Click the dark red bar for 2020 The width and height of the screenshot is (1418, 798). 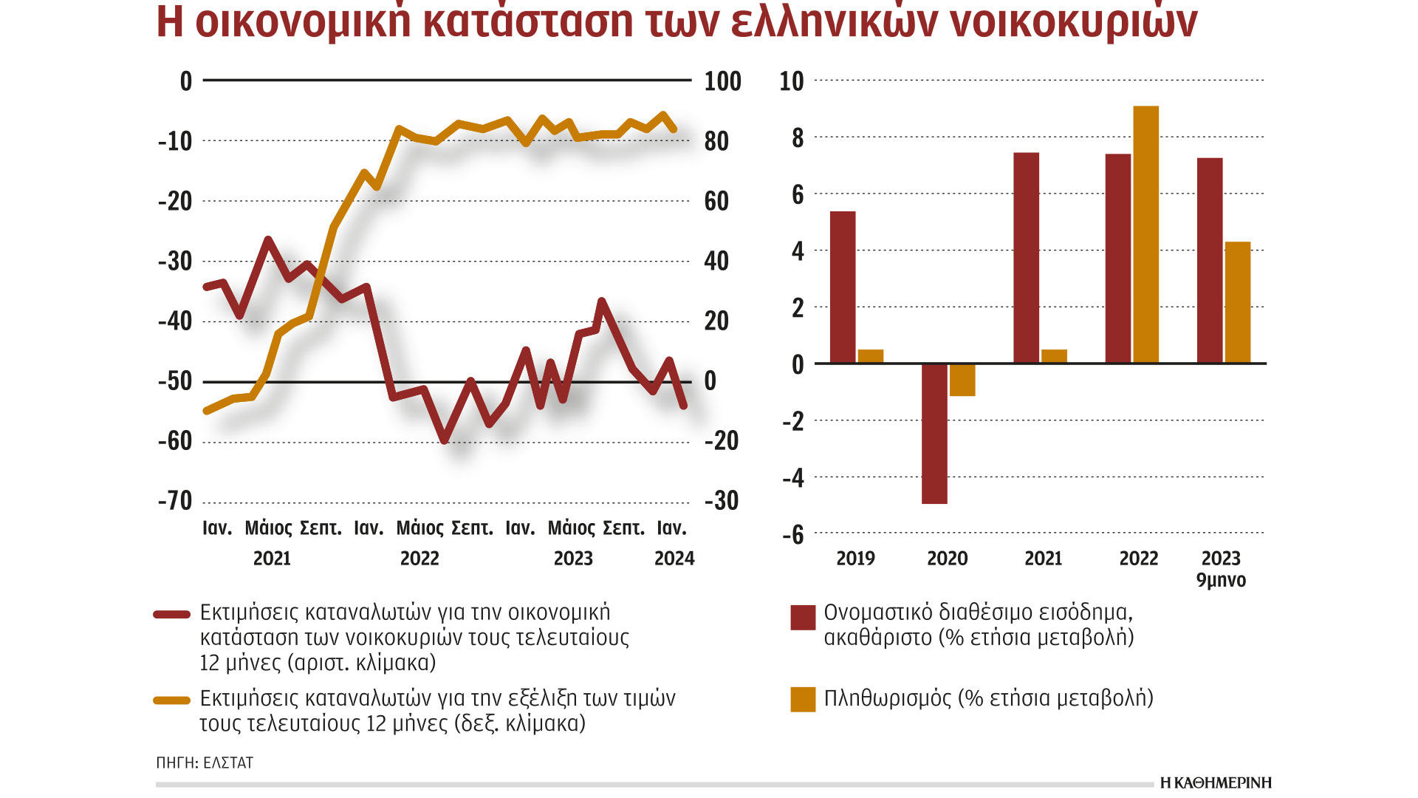pos(934,433)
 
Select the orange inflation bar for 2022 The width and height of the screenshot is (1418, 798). pos(1145,234)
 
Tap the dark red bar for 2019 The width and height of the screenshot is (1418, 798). pos(843,287)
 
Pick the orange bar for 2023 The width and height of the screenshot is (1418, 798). pos(1238,302)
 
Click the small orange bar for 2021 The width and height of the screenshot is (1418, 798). pos(1054,356)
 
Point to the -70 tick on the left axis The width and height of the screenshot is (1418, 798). pos(175,501)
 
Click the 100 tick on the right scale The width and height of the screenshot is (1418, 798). pos(722,81)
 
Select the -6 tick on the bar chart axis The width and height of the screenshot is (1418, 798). pos(793,535)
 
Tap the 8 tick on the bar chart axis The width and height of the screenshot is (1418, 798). pos(798,138)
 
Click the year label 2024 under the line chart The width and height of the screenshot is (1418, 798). pos(674,559)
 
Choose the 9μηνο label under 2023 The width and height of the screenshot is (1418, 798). pos(1221,580)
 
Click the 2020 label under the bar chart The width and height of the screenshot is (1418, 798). pos(947,559)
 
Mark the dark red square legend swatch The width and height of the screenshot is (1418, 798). pos(803,618)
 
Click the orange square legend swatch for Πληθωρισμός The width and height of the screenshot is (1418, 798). pos(803,699)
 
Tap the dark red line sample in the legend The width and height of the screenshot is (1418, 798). pos(172,614)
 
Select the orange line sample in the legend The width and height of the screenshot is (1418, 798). pos(172,700)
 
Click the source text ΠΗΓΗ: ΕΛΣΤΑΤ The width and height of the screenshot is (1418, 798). pos(205,763)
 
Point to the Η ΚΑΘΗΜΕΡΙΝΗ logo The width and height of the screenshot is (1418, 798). pos(1216,783)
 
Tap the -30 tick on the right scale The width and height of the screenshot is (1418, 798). pos(721,501)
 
